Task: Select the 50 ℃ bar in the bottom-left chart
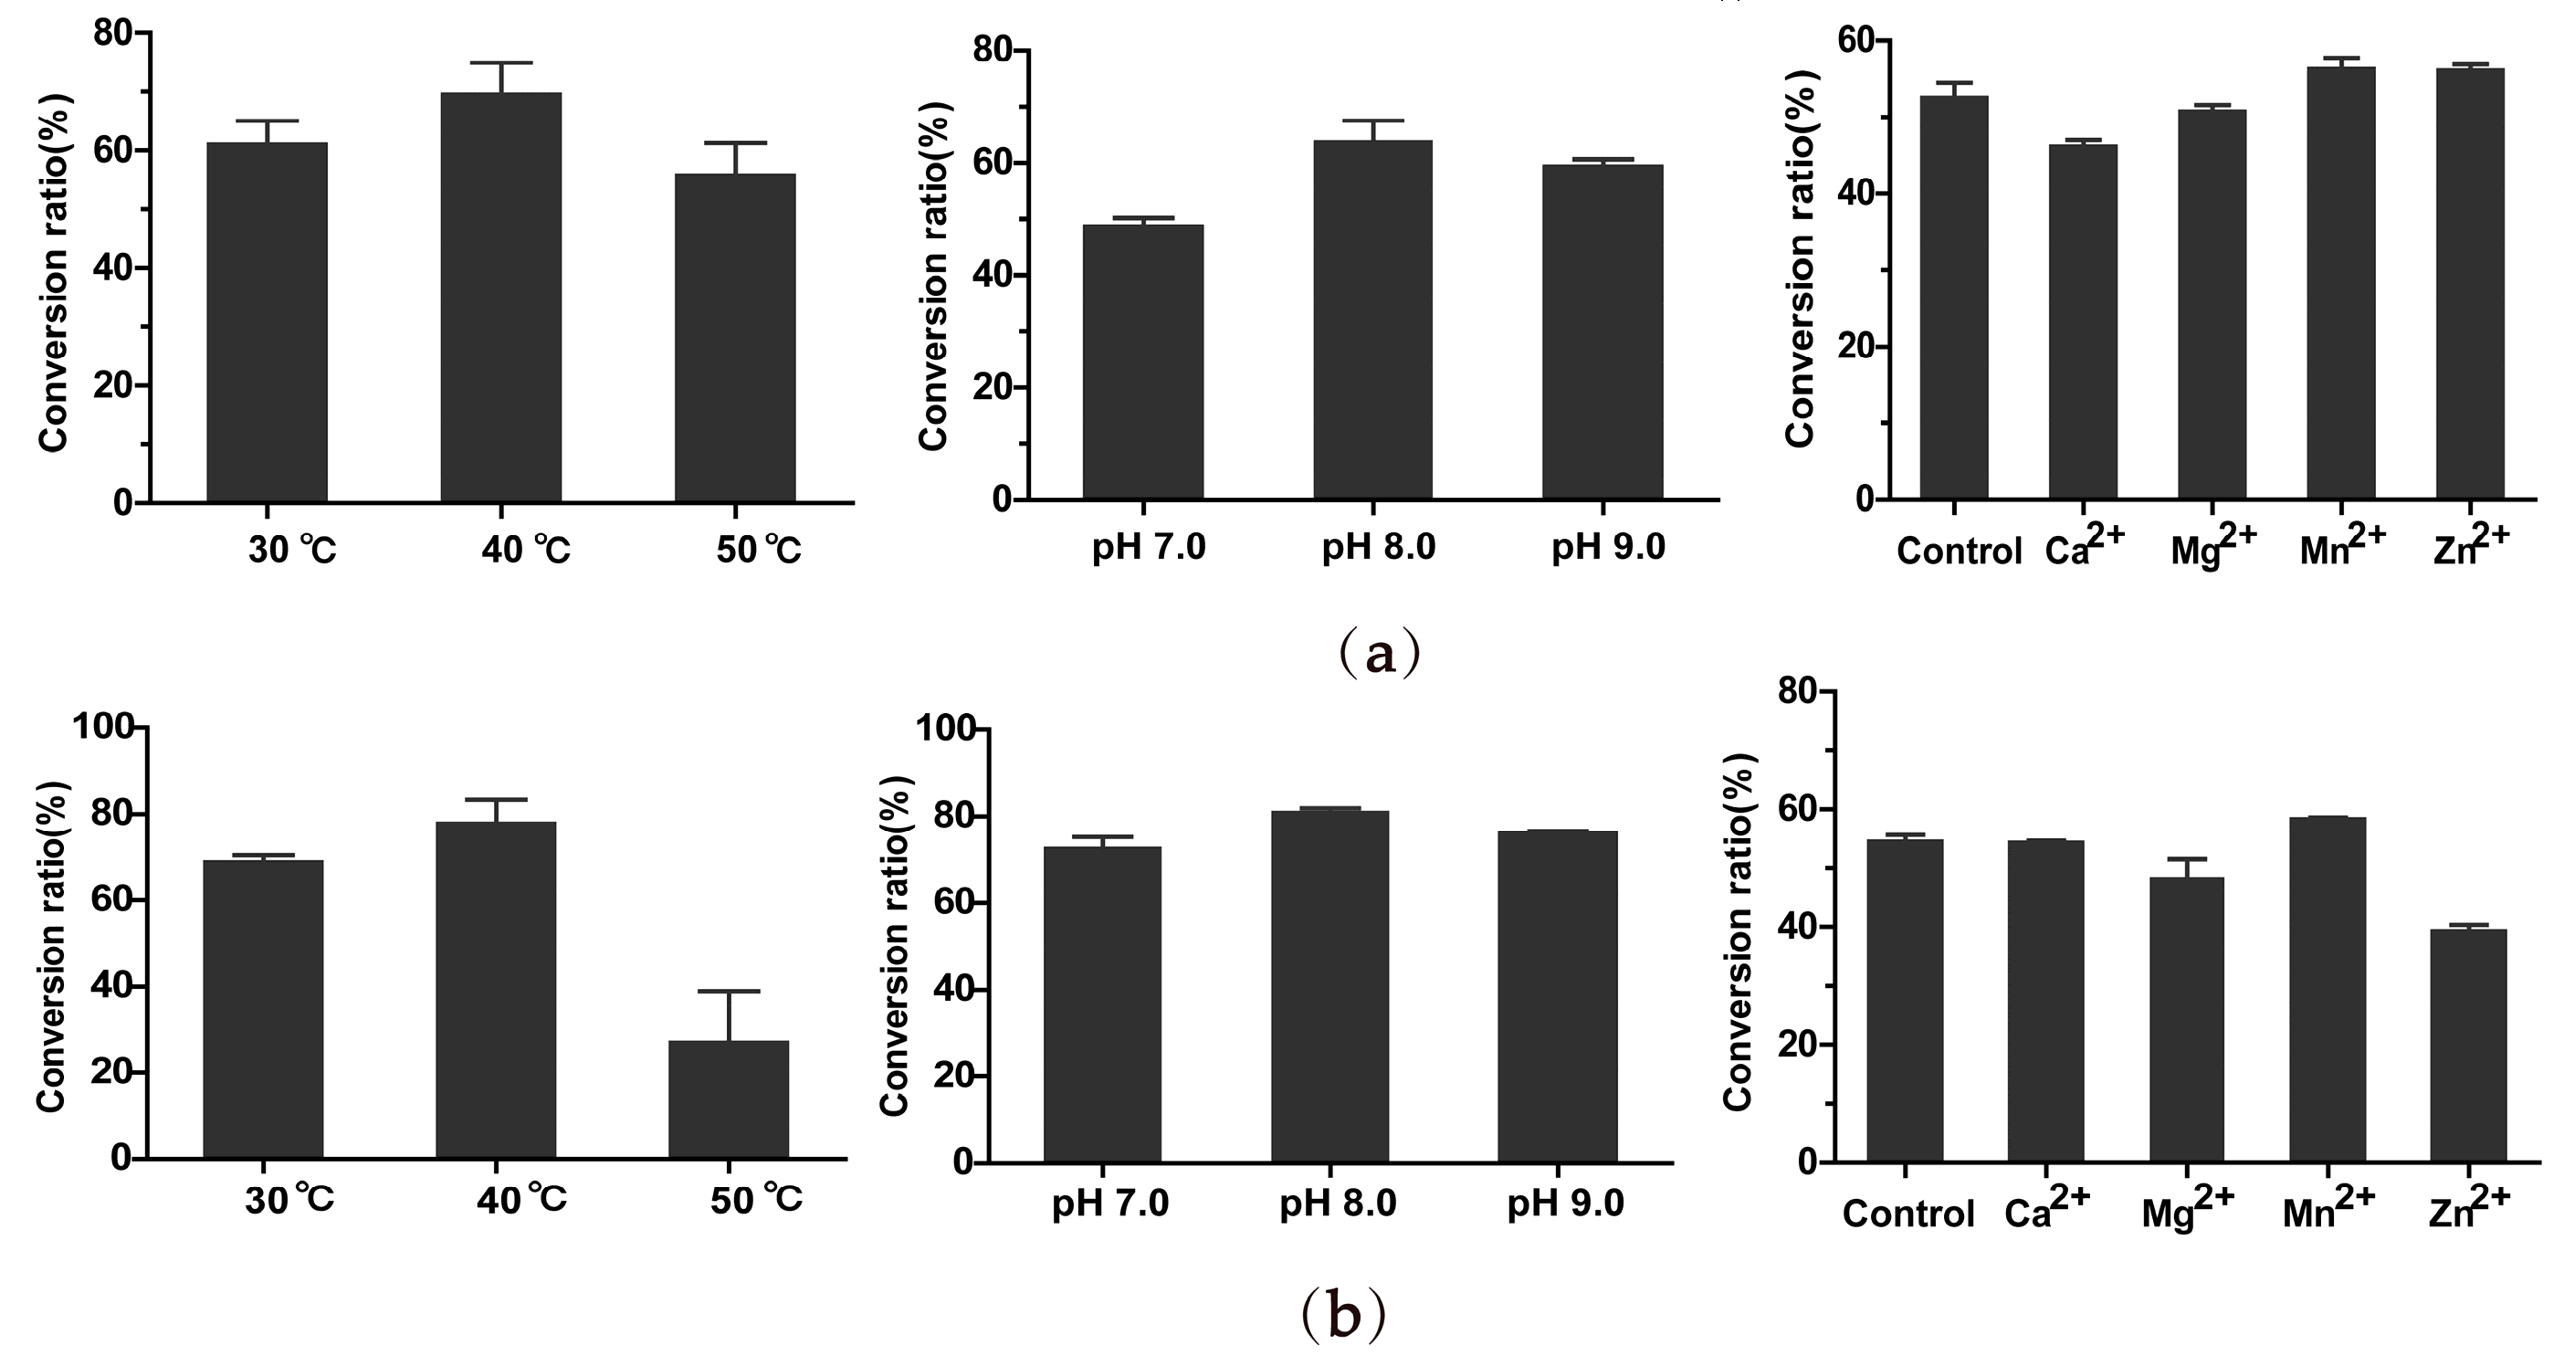pyautogui.click(x=728, y=1099)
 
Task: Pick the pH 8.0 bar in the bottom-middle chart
pyautogui.click(x=1329, y=985)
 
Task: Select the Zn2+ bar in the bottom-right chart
pyautogui.click(x=2467, y=1046)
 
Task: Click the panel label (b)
pyautogui.click(x=1342, y=1315)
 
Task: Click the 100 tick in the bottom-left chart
pyautogui.click(x=102, y=728)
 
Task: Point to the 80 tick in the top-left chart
pyautogui.click(x=112, y=34)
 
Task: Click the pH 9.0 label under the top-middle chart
pyautogui.click(x=1607, y=548)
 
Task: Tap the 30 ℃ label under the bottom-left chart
pyautogui.click(x=289, y=1200)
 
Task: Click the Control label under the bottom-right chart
pyautogui.click(x=1908, y=1214)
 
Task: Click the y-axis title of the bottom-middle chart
pyautogui.click(x=895, y=946)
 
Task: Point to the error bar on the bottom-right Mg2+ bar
pyautogui.click(x=2187, y=867)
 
